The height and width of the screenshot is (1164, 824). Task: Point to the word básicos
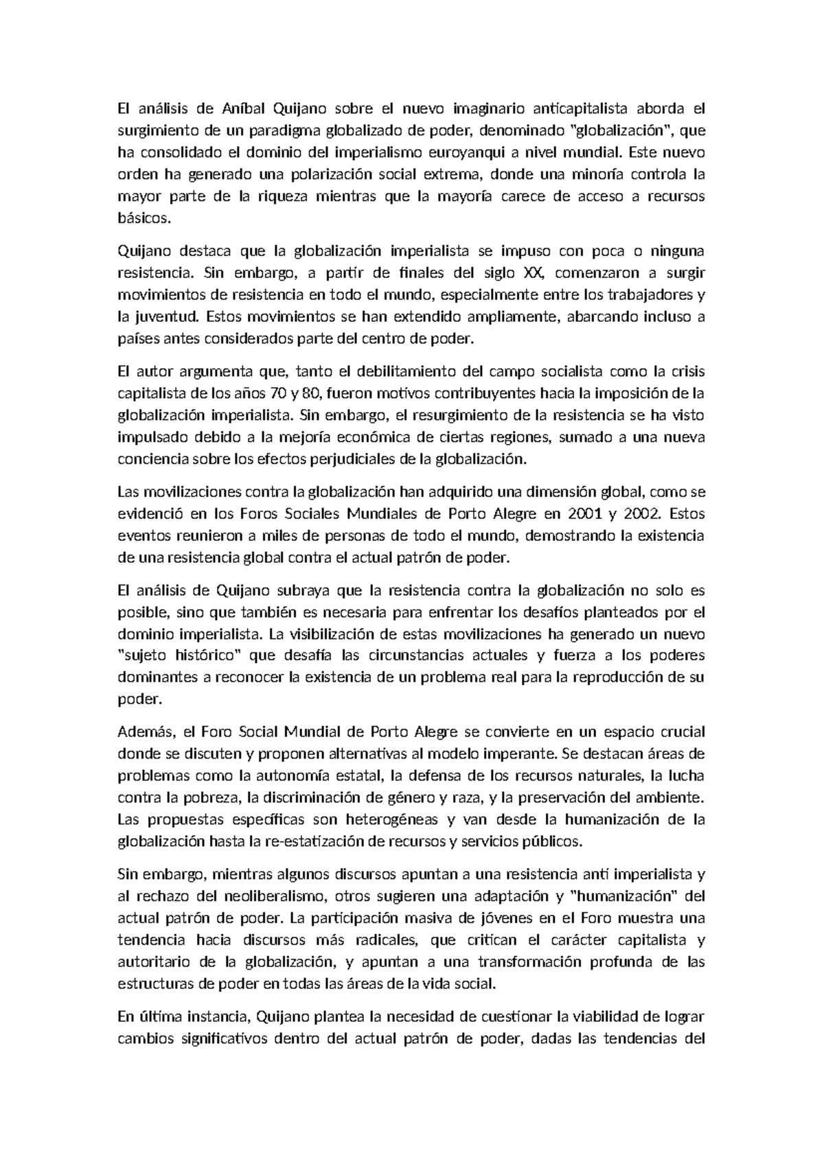[142, 218]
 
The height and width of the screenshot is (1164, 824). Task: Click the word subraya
[321, 590]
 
